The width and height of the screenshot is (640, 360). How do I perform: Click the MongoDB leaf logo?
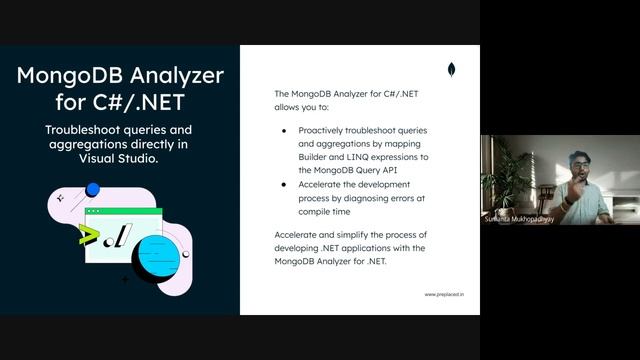[x=452, y=70]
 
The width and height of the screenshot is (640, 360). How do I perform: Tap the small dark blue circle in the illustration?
[x=93, y=188]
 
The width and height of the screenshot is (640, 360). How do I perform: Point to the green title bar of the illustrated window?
[x=123, y=212]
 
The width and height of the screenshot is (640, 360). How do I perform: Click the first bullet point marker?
[x=285, y=131]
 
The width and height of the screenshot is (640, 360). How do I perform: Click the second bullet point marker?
[x=285, y=184]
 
